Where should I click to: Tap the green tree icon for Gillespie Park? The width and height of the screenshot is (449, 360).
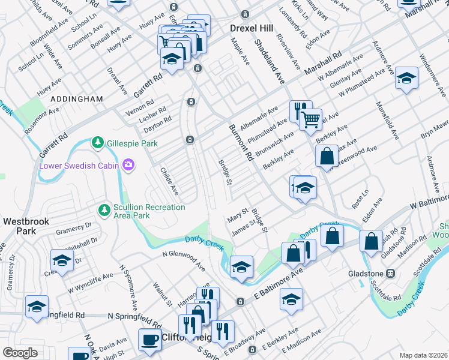[97, 143]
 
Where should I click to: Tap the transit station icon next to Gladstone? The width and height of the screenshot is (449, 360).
[390, 273]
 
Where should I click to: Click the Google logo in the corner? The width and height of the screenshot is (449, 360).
[20, 352]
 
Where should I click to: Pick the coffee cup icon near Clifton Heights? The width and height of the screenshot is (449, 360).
[149, 339]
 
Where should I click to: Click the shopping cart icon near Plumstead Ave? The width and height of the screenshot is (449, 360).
[310, 119]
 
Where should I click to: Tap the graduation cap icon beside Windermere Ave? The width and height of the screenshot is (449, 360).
[406, 78]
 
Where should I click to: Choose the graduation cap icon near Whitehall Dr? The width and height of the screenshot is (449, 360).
[62, 260]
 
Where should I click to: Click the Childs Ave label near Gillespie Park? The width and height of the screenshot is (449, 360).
[169, 181]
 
